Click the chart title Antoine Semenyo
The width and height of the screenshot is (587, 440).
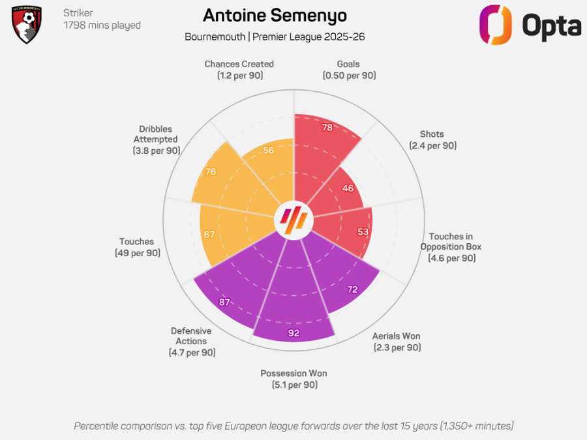(275, 16)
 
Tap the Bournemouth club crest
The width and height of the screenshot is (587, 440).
(27, 24)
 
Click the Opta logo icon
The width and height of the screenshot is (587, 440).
(496, 24)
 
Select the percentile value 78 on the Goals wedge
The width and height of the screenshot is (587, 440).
(327, 128)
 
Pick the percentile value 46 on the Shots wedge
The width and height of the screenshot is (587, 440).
(348, 188)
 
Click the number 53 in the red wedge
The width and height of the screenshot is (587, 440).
(364, 232)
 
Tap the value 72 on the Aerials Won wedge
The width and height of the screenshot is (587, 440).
(352, 289)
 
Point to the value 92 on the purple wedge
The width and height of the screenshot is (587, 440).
(293, 333)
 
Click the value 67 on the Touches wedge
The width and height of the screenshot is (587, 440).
(209, 235)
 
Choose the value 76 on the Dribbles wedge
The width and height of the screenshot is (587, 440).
(210, 172)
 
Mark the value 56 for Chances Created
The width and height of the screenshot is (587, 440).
(269, 151)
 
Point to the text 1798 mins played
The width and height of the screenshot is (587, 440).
(102, 25)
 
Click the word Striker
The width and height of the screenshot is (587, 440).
(78, 13)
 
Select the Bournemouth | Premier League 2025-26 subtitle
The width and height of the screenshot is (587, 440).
(275, 37)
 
